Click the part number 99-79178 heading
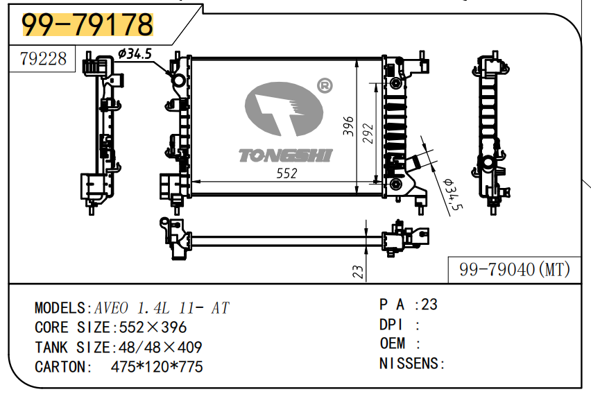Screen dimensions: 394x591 pyautogui.click(x=87, y=25)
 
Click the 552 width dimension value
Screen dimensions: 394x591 pyautogui.click(x=286, y=173)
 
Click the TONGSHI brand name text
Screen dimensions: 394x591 pyautogui.click(x=285, y=155)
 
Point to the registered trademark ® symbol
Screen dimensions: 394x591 pyautogui.click(x=324, y=85)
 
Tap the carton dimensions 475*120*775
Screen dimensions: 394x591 pyautogui.click(x=157, y=367)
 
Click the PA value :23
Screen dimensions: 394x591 pyautogui.click(x=426, y=305)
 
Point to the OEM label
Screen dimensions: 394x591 pyautogui.click(x=393, y=343)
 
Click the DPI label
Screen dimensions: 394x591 pyautogui.click(x=391, y=324)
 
